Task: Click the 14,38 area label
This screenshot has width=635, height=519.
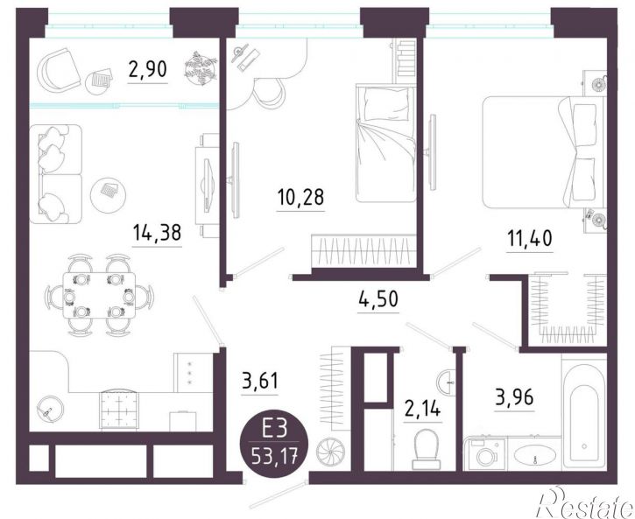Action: click(157, 232)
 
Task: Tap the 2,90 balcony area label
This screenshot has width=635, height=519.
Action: click(147, 69)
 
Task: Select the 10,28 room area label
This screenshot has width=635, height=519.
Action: click(301, 197)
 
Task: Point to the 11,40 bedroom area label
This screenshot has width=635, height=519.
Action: click(530, 238)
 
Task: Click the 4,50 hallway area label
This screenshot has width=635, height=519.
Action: click(378, 299)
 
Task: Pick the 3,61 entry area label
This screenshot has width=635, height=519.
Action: click(260, 381)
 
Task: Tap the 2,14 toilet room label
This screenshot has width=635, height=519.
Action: click(422, 409)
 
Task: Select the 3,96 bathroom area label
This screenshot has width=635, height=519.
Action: click(514, 397)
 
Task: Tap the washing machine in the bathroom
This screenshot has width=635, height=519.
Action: click(485, 454)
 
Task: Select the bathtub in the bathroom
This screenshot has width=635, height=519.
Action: click(584, 412)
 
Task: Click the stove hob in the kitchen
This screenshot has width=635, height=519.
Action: click(119, 409)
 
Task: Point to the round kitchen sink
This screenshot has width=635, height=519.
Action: click(50, 409)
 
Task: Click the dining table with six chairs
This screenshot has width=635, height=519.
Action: click(99, 295)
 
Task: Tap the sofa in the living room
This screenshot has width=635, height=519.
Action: click(56, 174)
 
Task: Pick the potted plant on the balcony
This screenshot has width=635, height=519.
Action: click(201, 67)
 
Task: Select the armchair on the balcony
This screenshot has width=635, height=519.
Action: click(60, 70)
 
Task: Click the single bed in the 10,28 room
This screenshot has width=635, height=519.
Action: click(386, 143)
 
